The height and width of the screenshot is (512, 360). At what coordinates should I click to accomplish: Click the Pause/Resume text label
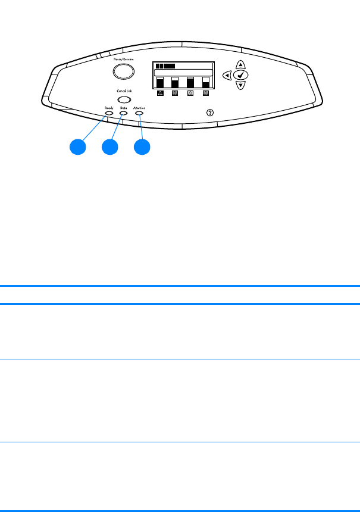pyautogui.click(x=123, y=60)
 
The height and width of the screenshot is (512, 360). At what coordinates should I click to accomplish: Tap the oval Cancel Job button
pyautogui.click(x=123, y=99)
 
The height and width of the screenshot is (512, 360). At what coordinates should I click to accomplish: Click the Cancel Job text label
pyautogui.click(x=124, y=90)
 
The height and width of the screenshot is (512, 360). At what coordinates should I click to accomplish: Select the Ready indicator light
pyautogui.click(x=108, y=113)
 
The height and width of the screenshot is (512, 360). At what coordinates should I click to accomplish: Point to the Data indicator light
pyautogui.click(x=123, y=113)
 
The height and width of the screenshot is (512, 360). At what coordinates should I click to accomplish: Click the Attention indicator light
pyautogui.click(x=140, y=113)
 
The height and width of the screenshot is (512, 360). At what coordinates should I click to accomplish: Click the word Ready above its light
pyautogui.click(x=108, y=107)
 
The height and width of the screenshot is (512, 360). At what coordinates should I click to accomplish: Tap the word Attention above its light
pyautogui.click(x=140, y=107)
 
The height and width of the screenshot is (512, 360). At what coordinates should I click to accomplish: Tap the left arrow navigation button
pyautogui.click(x=227, y=75)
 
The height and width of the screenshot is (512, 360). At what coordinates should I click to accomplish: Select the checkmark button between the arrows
pyautogui.click(x=240, y=75)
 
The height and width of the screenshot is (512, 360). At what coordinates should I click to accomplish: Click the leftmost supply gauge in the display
pyautogui.click(x=159, y=82)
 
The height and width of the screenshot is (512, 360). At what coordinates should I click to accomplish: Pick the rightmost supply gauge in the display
pyautogui.click(x=206, y=82)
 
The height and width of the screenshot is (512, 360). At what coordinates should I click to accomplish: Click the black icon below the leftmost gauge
pyautogui.click(x=159, y=93)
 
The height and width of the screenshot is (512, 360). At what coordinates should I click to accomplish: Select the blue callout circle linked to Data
pyautogui.click(x=109, y=147)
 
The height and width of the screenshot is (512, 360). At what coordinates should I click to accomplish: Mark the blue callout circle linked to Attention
pyautogui.click(x=141, y=147)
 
